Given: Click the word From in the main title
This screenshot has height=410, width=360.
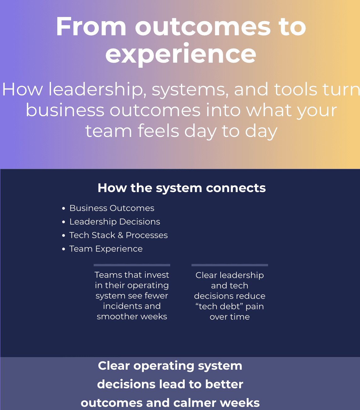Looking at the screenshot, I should click(91, 27).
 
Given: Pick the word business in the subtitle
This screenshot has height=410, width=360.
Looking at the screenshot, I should click(65, 110).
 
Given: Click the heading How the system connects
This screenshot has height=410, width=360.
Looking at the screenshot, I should click(182, 188).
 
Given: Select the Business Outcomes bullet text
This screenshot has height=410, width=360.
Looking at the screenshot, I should click(112, 208).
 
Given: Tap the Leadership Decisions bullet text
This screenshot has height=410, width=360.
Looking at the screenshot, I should click(115, 222).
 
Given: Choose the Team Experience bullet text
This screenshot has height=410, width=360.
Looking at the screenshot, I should click(106, 249).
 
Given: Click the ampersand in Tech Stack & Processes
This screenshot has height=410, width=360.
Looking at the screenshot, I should click(121, 235).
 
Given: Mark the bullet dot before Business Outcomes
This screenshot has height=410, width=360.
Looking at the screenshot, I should click(64, 208).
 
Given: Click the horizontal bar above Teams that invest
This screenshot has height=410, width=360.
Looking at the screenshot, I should click(132, 265).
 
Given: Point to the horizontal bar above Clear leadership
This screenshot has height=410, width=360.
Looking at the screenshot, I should click(230, 265).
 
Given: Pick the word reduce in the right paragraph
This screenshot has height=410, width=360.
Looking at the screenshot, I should click(252, 296).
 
